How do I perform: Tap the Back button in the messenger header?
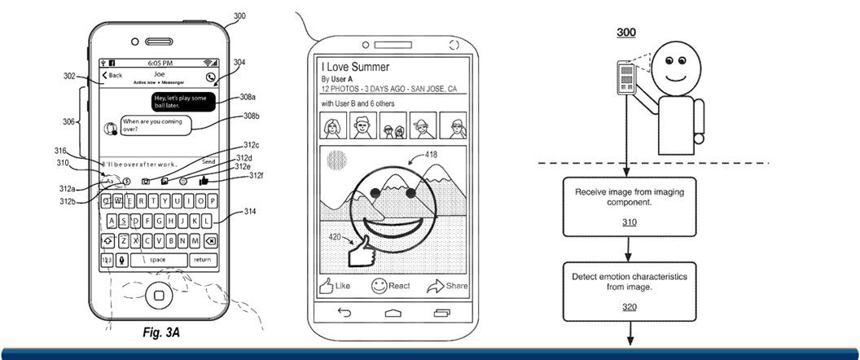[112, 75]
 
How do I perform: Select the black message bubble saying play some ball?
[182, 101]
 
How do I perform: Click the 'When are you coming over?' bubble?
[154, 125]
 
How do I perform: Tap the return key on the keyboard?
[202, 260]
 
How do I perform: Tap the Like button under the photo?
[335, 286]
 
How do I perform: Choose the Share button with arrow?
[447, 286]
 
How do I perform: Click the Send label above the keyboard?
[208, 162]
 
